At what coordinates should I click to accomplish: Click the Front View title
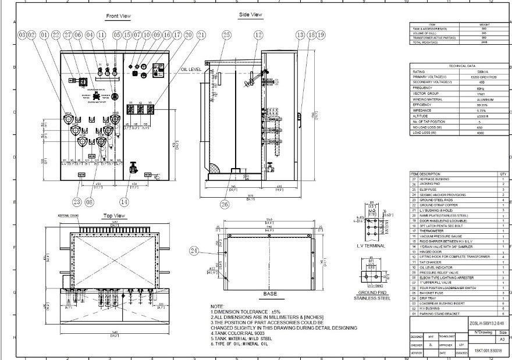tap(118, 16)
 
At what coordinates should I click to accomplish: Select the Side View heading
tap(250, 15)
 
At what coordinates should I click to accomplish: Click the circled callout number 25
tap(227, 35)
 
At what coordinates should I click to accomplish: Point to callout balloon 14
tap(123, 202)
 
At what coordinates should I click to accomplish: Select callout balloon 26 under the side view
tap(226, 204)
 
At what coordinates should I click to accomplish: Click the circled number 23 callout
tap(77, 202)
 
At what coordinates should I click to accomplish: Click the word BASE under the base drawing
tap(270, 294)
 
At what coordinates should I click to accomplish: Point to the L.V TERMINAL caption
tap(370, 246)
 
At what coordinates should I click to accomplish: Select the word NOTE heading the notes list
tap(217, 306)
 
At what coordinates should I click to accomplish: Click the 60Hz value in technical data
tap(480, 88)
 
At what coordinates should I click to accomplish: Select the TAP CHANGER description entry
tap(429, 262)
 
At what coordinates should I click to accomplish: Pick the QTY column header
tap(503, 174)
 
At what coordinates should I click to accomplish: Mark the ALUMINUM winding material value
tap(480, 99)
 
